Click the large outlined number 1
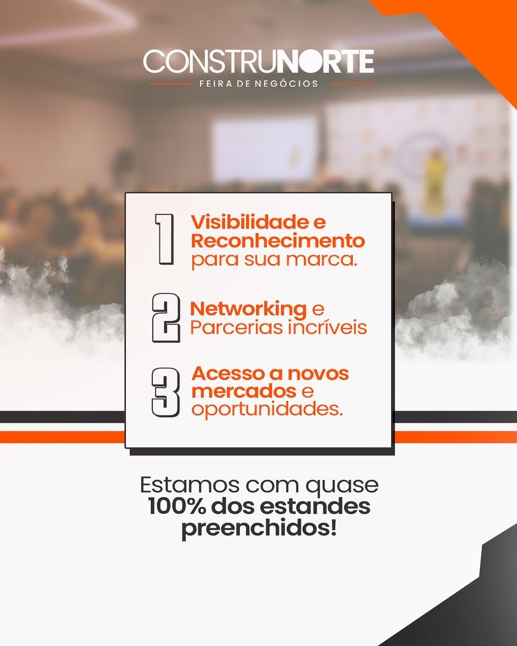[165, 239]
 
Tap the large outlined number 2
[166, 318]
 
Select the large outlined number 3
[166, 393]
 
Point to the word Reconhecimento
[278, 241]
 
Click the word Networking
[248, 310]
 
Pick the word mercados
[244, 391]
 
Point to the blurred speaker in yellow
[435, 178]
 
